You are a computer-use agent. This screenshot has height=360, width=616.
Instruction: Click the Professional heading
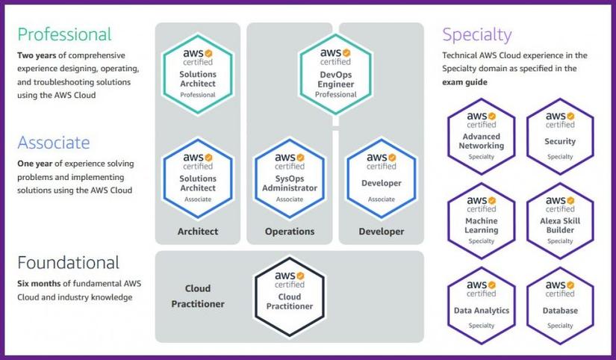pos(64,34)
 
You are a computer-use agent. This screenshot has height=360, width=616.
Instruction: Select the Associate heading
pos(53,143)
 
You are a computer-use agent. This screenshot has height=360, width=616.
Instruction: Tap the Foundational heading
pos(68,262)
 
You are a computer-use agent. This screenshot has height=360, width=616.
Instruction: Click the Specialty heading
pos(476,34)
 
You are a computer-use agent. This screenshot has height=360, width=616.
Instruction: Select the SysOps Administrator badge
pos(290,178)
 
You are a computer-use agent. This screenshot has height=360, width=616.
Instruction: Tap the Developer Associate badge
pos(381,178)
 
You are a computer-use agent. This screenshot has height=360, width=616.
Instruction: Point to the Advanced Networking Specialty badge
pos(481,136)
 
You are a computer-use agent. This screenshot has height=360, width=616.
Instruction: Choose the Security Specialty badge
pos(560,136)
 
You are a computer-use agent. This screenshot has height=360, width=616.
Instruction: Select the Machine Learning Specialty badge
pos(481,220)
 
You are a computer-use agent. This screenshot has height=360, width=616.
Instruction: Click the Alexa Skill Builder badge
pos(560,220)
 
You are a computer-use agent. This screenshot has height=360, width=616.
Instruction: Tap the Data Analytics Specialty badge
pos(481,305)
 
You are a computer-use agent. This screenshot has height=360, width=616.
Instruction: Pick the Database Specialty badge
pos(560,305)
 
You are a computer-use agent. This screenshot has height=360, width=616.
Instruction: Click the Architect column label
pos(198,232)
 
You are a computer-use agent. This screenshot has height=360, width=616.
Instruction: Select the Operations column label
pos(290,232)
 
